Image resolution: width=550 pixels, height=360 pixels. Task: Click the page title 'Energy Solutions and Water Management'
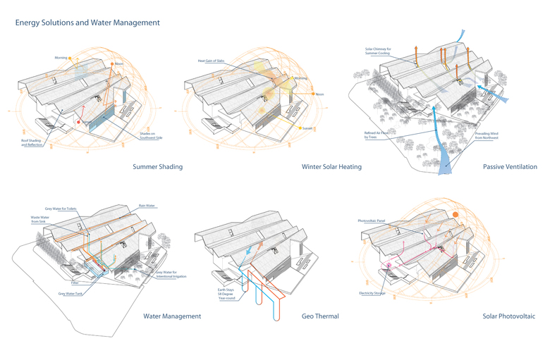pos(88,23)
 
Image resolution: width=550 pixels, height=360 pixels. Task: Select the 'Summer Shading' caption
pos(157,167)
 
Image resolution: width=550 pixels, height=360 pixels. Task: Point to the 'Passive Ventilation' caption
pos(510,167)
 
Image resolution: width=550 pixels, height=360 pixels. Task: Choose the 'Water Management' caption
pos(172,316)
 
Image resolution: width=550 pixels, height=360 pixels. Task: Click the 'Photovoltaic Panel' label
pos(372,221)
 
